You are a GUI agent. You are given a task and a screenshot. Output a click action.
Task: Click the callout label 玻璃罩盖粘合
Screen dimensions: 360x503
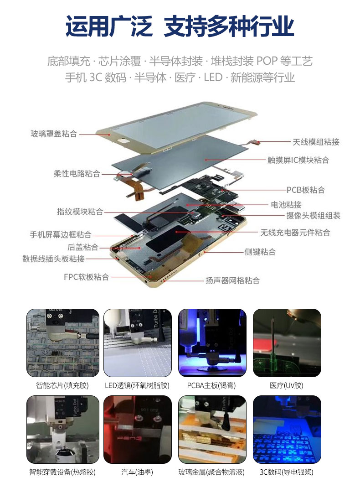click(x=54, y=134)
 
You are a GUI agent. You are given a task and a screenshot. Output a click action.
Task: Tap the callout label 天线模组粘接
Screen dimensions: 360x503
click(x=316, y=142)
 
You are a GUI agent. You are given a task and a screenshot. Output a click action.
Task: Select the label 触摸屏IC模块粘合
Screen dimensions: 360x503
click(x=298, y=160)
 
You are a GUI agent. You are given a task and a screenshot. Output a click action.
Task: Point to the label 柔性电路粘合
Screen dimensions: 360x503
click(x=77, y=174)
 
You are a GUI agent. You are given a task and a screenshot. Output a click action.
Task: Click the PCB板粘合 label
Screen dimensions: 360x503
click(x=305, y=190)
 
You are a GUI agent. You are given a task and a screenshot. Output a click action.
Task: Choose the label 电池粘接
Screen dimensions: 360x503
click(x=286, y=205)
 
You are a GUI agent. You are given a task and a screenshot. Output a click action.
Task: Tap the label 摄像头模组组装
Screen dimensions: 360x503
click(x=313, y=216)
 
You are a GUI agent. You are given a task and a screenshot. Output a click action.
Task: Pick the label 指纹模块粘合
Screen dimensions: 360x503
click(x=80, y=212)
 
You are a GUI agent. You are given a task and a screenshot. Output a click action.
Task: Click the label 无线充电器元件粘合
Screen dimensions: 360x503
click(x=295, y=233)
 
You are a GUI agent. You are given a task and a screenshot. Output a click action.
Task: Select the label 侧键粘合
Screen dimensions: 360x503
click(x=260, y=252)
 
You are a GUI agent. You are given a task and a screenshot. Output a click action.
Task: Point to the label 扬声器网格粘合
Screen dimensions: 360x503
click(x=232, y=280)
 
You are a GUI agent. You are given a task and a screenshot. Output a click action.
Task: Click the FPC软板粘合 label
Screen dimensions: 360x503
click(x=86, y=277)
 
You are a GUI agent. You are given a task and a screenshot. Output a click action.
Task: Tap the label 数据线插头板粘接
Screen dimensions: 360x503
click(x=53, y=259)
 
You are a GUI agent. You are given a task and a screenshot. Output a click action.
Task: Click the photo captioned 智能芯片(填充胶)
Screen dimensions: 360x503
click(x=63, y=343)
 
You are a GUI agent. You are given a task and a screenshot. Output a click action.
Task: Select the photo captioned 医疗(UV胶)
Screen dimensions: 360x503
click(x=287, y=343)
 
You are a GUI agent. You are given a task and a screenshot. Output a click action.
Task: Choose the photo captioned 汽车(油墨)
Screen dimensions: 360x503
click(x=138, y=429)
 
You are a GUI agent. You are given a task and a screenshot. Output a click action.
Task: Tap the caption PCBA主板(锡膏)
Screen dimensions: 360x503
click(x=211, y=385)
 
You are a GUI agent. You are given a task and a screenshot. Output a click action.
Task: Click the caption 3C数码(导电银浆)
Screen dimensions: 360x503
click(x=286, y=472)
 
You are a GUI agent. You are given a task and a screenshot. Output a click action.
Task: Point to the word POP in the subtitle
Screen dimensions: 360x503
click(x=267, y=61)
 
